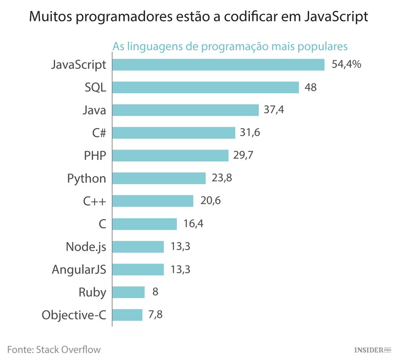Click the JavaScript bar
click(x=218, y=65)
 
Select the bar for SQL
click(x=205, y=87)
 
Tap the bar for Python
click(x=159, y=178)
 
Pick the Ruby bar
click(x=129, y=292)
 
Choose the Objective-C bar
click(x=128, y=315)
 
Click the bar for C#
click(x=174, y=133)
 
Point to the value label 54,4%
click(x=347, y=65)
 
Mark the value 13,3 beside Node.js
click(x=180, y=247)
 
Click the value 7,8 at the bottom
click(x=156, y=315)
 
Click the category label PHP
click(x=95, y=156)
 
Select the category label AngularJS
click(x=79, y=269)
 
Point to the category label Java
click(x=94, y=110)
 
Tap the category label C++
click(x=94, y=201)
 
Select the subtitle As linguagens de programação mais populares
click(x=230, y=46)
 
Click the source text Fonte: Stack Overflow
click(x=53, y=349)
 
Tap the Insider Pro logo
click(x=372, y=350)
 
